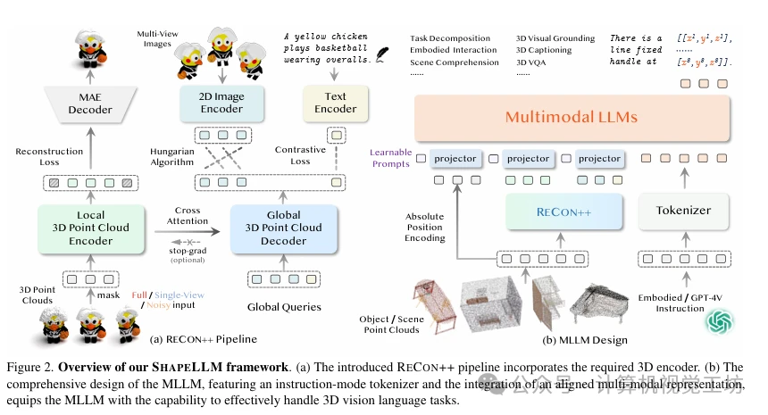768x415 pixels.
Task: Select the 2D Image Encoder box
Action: (x=221, y=103)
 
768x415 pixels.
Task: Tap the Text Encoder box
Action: (x=335, y=103)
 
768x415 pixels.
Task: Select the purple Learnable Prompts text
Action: (x=391, y=158)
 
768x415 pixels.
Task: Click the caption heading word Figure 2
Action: (x=27, y=368)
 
